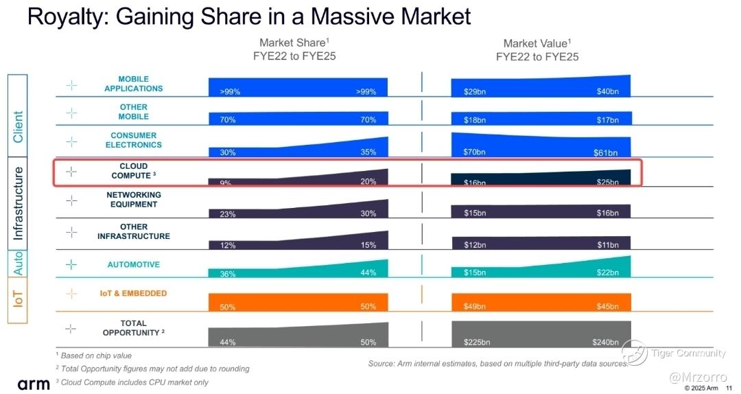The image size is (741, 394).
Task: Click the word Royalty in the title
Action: tap(66, 16)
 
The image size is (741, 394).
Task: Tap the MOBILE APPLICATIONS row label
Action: tap(133, 84)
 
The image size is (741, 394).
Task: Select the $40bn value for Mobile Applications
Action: tap(607, 91)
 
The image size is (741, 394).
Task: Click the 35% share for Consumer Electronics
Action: tap(368, 152)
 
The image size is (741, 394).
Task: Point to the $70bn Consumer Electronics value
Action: tap(474, 152)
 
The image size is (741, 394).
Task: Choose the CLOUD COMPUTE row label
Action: tap(134, 171)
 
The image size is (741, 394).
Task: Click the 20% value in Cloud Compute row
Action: tap(368, 182)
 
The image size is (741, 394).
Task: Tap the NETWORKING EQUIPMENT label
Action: tap(133, 199)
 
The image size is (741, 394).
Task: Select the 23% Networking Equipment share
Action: tap(228, 214)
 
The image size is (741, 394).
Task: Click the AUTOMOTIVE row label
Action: tap(133, 265)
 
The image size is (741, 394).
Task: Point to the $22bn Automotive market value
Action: tap(607, 273)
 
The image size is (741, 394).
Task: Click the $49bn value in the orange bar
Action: tap(474, 307)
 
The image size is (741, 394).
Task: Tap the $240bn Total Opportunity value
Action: tap(606, 342)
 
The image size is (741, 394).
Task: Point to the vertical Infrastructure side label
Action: tap(19, 202)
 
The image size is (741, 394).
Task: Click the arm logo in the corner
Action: tap(34, 383)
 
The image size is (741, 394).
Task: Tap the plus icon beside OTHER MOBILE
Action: tap(71, 113)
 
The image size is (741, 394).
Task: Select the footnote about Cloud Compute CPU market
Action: tap(132, 382)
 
